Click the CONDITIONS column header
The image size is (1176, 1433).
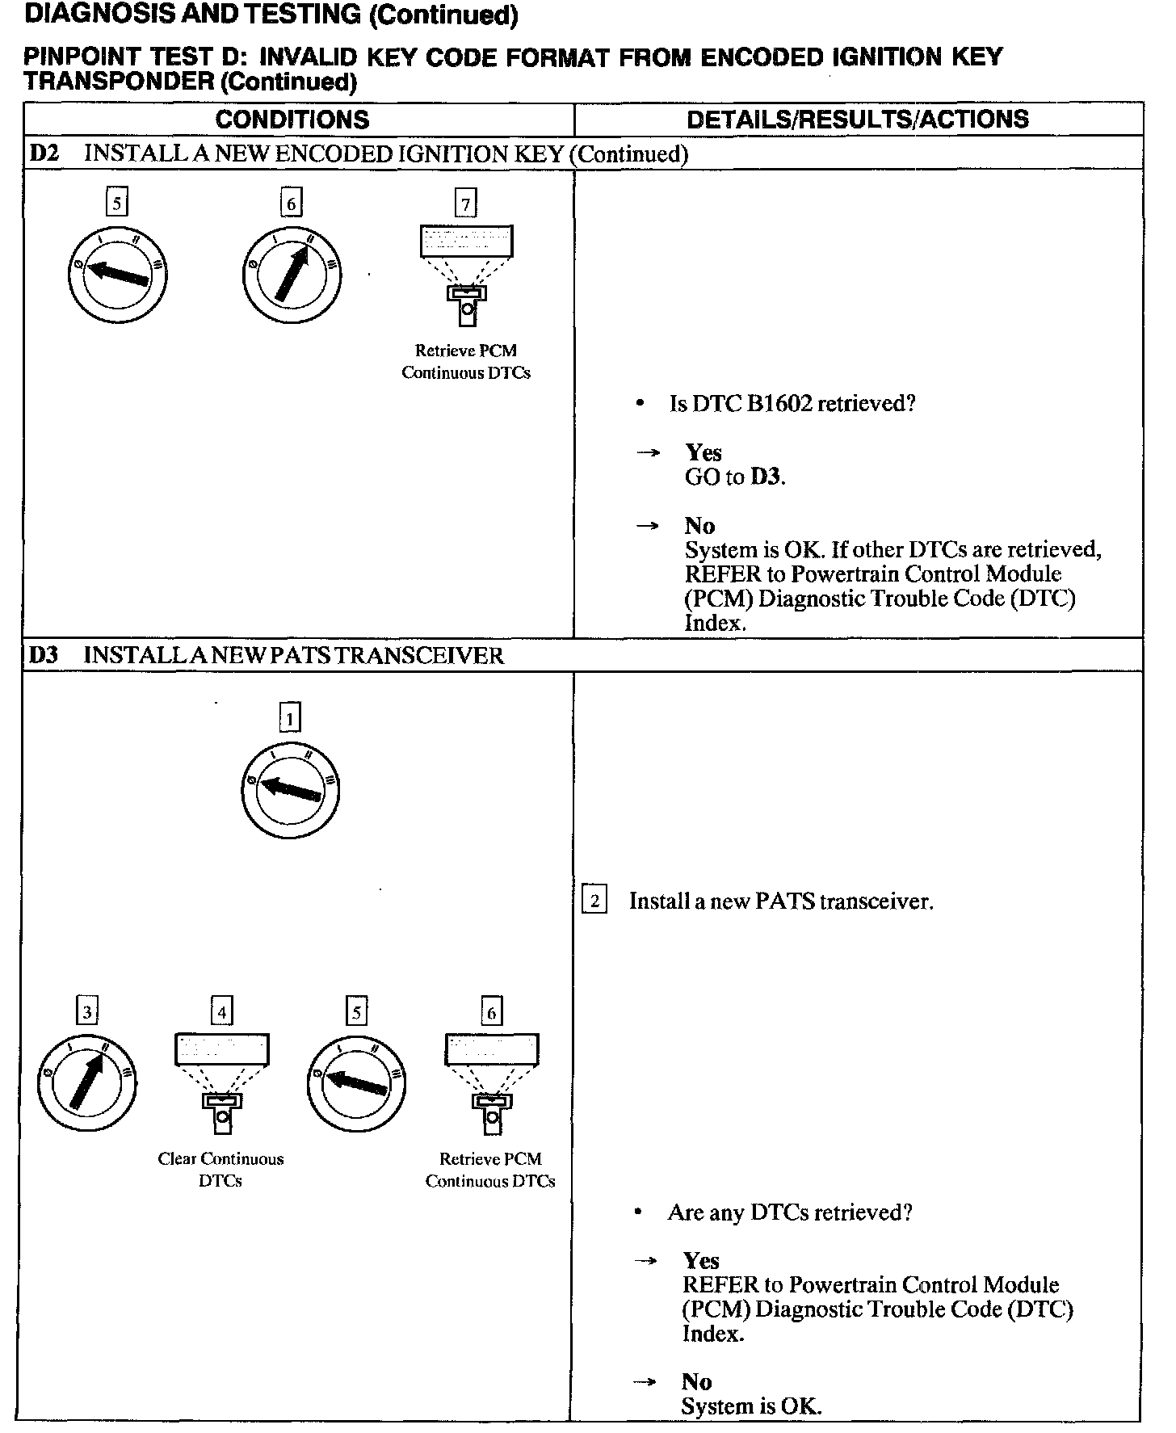point(292,120)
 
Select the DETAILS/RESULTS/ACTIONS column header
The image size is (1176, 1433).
point(857,120)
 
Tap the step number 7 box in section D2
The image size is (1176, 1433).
point(466,204)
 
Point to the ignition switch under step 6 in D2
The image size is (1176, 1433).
point(292,275)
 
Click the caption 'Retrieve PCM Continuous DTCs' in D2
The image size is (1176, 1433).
point(466,362)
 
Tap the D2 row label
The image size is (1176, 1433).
point(44,153)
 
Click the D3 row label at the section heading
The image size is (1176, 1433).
point(44,655)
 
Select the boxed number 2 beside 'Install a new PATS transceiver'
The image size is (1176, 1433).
point(594,901)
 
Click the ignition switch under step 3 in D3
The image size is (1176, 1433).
point(87,1082)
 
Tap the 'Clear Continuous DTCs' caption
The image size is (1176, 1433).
point(220,1170)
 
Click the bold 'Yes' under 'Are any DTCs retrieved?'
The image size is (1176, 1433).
point(700,1261)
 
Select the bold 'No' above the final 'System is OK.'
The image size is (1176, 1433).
point(696,1382)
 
